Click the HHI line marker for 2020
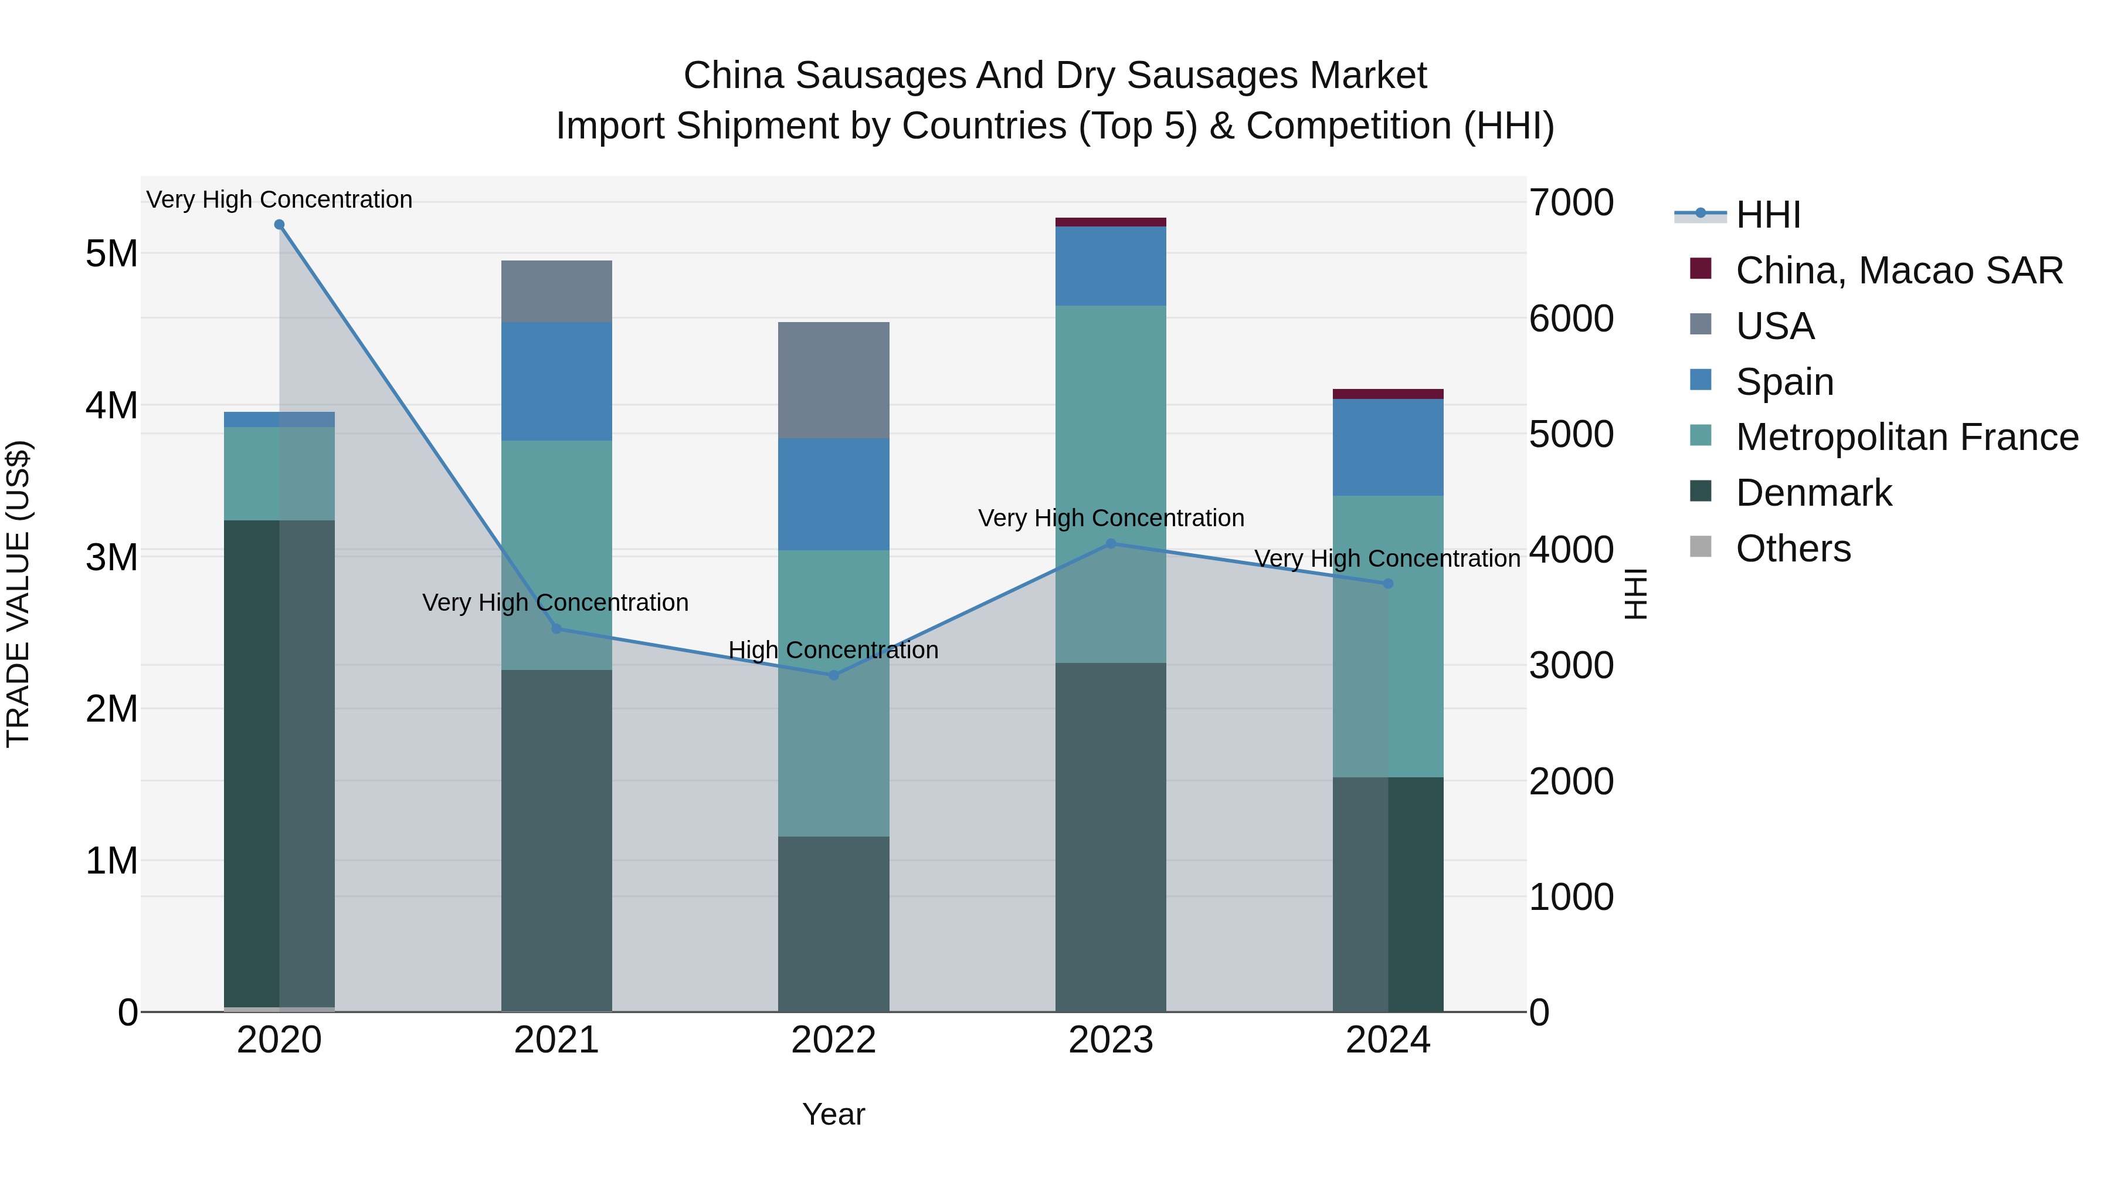pos(280,225)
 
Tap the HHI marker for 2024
pos(1388,584)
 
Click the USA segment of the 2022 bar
pos(833,380)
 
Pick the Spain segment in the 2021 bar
pos(556,381)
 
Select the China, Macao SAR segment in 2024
pos(1388,394)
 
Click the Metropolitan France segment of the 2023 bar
pos(1111,484)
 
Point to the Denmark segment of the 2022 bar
pos(833,924)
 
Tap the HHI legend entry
pos(1767,215)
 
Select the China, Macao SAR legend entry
pos(1898,270)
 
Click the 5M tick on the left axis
pos(111,253)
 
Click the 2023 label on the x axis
pos(1111,1040)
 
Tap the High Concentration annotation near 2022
pos(833,650)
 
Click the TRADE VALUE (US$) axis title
pos(18,594)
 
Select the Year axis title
pos(833,1114)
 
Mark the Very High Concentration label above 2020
pos(280,199)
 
